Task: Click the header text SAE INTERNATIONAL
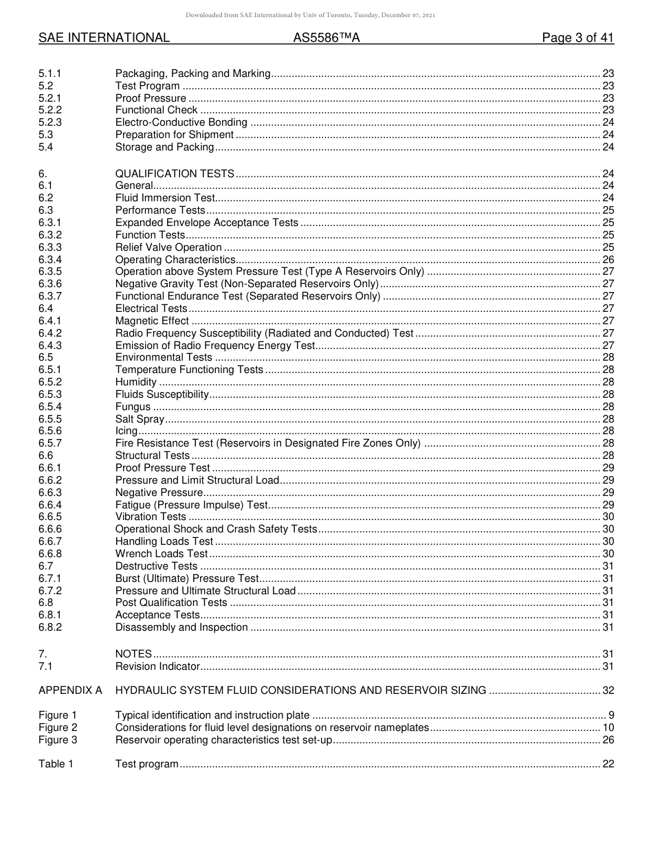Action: tap(104, 38)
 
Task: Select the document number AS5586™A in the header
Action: tap(326, 38)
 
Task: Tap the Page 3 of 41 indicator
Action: tap(577, 38)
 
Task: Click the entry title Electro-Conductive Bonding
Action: tap(181, 122)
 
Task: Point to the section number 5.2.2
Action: tap(50, 110)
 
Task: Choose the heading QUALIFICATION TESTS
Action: tap(175, 174)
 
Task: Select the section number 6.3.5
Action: tap(50, 271)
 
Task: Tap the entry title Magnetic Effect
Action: tap(152, 321)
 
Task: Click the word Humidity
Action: tap(136, 382)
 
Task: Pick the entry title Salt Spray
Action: tap(140, 419)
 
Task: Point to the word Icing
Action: tap(126, 431)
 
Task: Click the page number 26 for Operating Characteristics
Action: tap(608, 260)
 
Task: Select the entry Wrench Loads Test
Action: tap(161, 554)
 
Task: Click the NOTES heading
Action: tap(133, 654)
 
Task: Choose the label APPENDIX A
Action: tap(70, 690)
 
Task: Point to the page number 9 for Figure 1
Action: tap(611, 715)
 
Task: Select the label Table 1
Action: tap(56, 764)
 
